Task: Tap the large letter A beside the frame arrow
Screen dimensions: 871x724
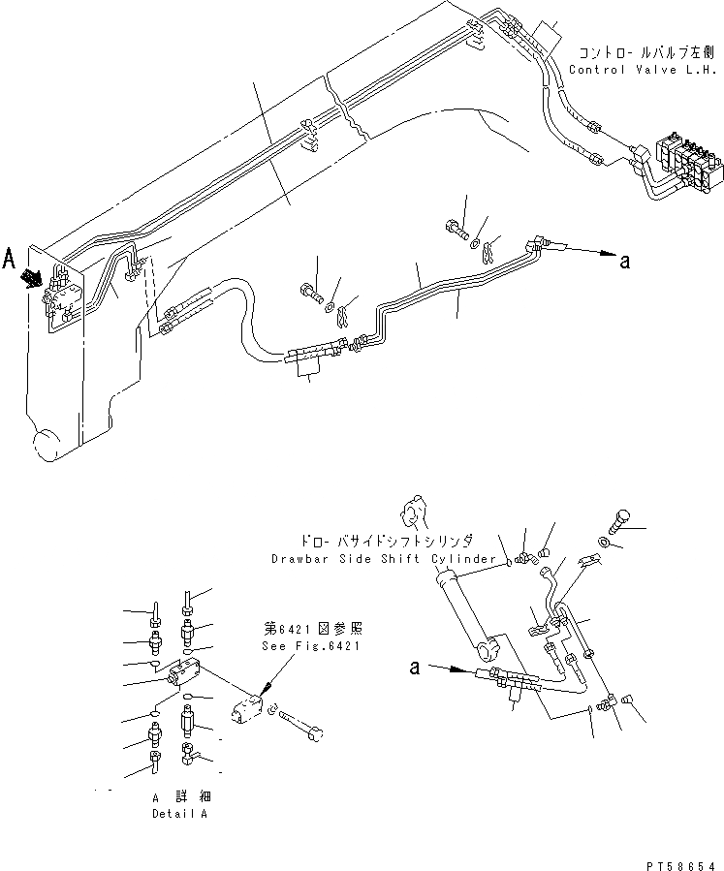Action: click(10, 260)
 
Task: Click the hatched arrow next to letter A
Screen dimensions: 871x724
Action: click(34, 277)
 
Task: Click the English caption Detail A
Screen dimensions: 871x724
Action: click(179, 813)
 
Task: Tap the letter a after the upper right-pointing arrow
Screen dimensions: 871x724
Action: click(626, 260)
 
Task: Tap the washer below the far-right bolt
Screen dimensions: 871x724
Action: click(604, 545)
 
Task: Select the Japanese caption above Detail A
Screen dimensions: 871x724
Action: click(179, 796)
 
